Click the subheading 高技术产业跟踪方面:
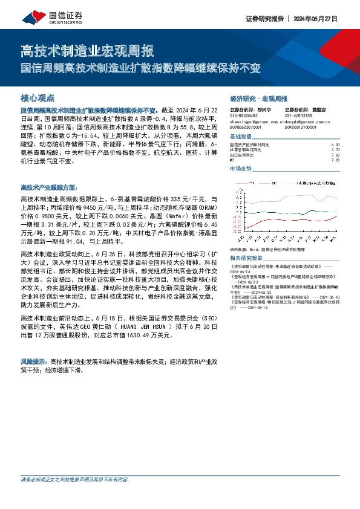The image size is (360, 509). [x=49, y=189]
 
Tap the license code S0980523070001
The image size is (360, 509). [x=248, y=128]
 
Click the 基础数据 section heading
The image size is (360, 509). [x=243, y=137]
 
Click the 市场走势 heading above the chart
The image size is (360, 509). [x=243, y=169]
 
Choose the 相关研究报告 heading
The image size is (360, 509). [x=247, y=259]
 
